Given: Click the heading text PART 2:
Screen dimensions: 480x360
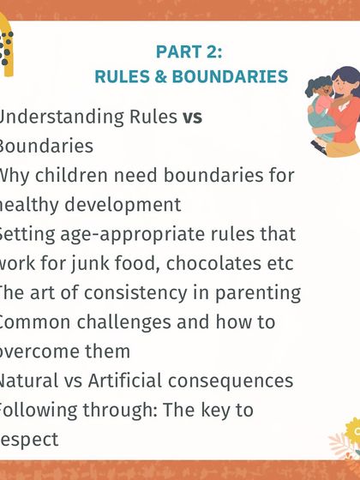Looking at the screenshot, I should point(190,51).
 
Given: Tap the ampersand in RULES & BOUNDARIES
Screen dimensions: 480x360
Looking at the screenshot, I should point(163,76).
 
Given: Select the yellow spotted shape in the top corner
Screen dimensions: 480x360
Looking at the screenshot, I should point(7,47).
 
